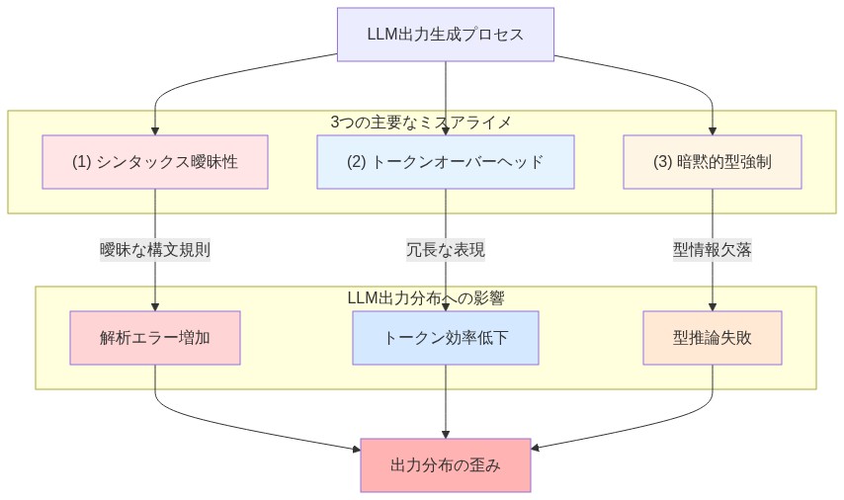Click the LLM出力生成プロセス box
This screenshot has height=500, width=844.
tap(445, 35)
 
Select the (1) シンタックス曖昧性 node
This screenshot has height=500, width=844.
tap(155, 161)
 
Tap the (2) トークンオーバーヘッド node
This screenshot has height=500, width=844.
tap(445, 161)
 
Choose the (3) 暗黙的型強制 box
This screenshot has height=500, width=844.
tap(712, 161)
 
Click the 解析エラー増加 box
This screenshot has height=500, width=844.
tap(155, 337)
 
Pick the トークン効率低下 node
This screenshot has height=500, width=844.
tap(445, 337)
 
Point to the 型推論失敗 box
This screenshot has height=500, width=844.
tap(712, 337)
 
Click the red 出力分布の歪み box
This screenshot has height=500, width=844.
tap(445, 464)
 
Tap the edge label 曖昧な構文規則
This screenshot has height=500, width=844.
tap(155, 250)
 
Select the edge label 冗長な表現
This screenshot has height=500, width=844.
tap(445, 250)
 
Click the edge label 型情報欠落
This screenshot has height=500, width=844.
tap(712, 250)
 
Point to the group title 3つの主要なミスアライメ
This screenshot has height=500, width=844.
tap(422, 122)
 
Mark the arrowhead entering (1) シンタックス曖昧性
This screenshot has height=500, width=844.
tap(155, 129)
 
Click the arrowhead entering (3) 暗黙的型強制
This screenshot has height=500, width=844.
tap(712, 129)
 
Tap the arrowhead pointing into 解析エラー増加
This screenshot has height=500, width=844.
tap(155, 305)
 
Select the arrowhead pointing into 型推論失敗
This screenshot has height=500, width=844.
tap(712, 305)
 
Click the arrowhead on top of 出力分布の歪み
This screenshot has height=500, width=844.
tap(445, 433)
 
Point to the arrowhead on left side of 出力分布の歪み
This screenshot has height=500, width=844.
tap(356, 451)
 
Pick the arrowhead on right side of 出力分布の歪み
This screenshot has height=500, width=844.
tap(536, 451)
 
